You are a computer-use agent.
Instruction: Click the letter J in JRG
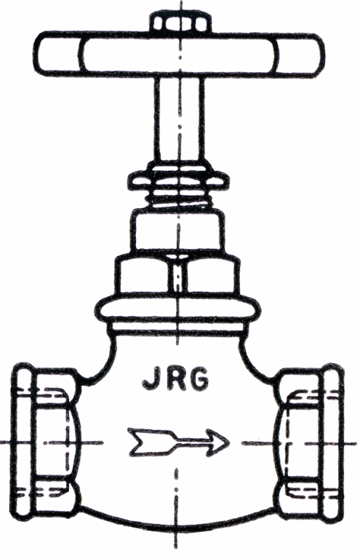point(151,381)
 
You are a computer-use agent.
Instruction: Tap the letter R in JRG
point(175,381)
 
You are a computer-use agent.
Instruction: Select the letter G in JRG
point(200,381)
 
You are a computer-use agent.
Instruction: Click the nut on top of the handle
point(180,23)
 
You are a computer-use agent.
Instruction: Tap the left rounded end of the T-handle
point(58,53)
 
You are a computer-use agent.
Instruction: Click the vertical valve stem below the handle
point(179,119)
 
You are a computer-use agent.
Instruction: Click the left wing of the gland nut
point(140,180)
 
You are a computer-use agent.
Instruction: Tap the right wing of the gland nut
point(217,180)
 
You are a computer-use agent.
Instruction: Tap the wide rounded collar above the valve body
point(180,309)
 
